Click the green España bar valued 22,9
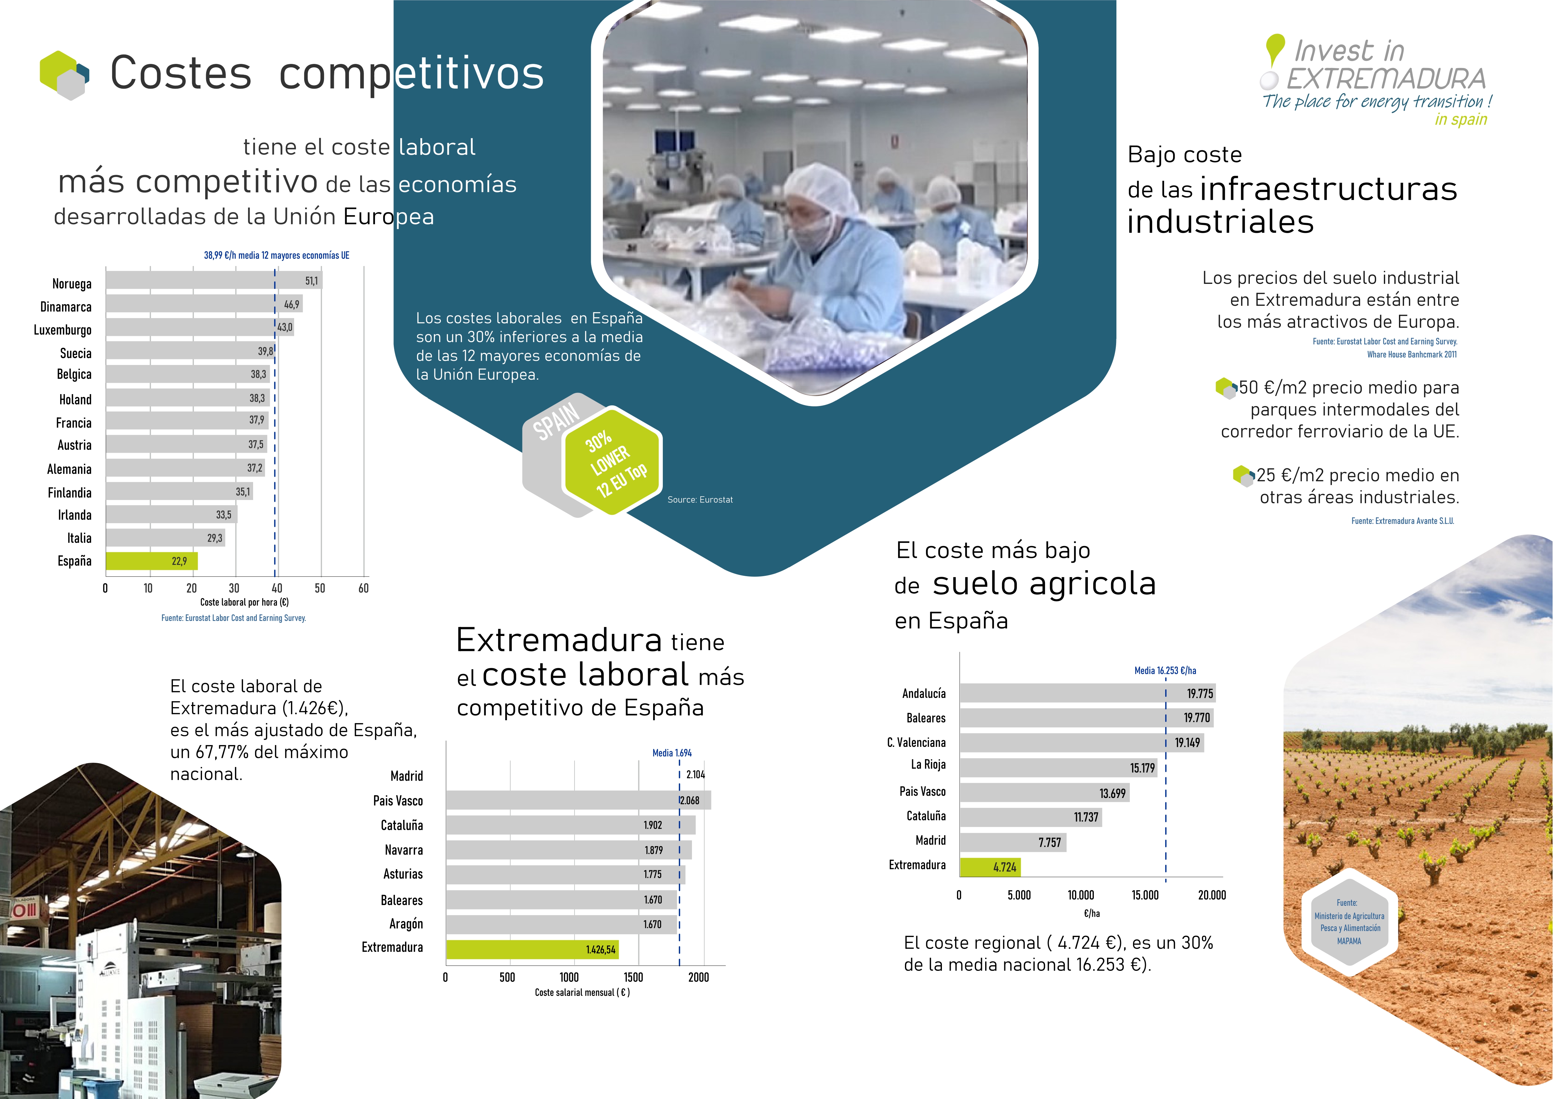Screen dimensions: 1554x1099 coord(152,561)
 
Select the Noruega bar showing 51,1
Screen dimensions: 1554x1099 coord(214,280)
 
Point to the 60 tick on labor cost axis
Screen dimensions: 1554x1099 coord(363,588)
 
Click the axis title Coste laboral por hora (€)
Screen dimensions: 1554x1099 coord(244,602)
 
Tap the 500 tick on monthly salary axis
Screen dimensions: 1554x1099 coord(507,977)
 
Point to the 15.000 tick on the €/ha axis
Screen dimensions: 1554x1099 coord(1145,895)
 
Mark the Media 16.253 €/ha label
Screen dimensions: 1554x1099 coord(1165,671)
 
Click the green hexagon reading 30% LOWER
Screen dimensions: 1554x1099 coord(612,460)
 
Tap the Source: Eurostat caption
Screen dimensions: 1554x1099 coord(700,499)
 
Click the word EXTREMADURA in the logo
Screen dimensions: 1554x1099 coord(1385,79)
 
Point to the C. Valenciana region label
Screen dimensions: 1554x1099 coord(917,742)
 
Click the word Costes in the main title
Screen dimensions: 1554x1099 coord(181,73)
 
